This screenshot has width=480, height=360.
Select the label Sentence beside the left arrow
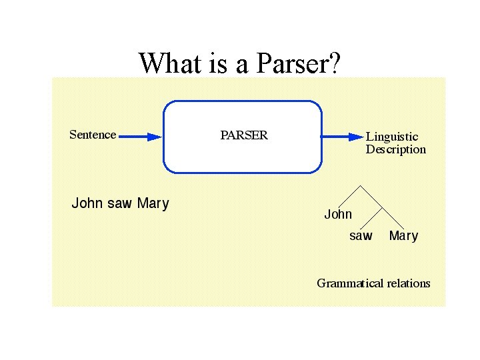tap(93, 135)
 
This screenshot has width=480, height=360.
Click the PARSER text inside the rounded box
tap(244, 135)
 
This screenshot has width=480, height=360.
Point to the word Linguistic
tap(392, 137)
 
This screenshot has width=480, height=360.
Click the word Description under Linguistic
tap(395, 149)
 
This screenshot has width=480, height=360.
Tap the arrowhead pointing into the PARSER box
tap(155, 137)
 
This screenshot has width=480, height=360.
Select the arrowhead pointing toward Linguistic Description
tap(355, 137)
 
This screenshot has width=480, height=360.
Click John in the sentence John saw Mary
tap(86, 203)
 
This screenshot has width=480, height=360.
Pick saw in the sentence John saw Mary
tap(120, 203)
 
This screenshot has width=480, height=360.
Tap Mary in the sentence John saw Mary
tap(153, 203)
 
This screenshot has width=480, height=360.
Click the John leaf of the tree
tap(338, 215)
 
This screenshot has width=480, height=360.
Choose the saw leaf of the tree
tap(361, 236)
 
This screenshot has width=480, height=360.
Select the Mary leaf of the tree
tap(403, 236)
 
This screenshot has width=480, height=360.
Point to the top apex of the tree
tap(361, 185)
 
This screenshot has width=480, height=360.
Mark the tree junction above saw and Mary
tap(382, 207)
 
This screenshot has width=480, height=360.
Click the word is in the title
tap(213, 63)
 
